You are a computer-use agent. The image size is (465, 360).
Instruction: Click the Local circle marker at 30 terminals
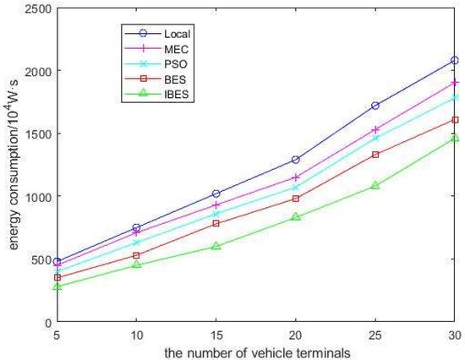pos(455,61)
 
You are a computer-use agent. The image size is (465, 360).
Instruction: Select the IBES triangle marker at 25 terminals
pos(375,185)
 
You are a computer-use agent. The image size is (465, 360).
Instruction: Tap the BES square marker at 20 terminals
pos(296,199)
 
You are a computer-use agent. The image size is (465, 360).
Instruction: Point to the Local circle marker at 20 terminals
pos(296,160)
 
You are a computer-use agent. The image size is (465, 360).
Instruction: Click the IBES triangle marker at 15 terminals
pos(216,246)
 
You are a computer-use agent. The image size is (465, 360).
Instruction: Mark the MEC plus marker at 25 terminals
pos(375,129)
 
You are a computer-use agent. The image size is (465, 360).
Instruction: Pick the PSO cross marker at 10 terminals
pos(137,243)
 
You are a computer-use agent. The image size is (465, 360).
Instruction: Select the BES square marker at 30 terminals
pos(455,120)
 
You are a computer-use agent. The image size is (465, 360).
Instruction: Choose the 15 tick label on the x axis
pos(216,333)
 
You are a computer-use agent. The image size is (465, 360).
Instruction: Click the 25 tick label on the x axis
pos(375,333)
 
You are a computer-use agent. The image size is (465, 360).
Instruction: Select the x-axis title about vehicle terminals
pos(256,350)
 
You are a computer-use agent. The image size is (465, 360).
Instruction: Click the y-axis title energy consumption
pos(12,165)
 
